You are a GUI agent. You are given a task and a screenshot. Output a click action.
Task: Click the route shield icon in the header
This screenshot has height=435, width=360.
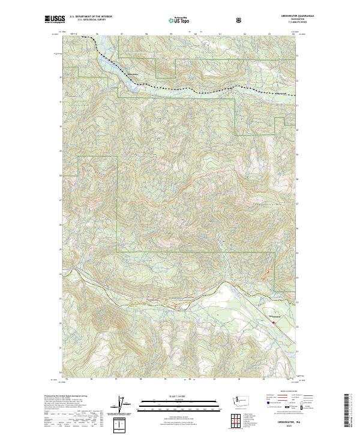239,20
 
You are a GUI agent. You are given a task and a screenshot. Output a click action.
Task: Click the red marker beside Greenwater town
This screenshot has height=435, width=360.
274,323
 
